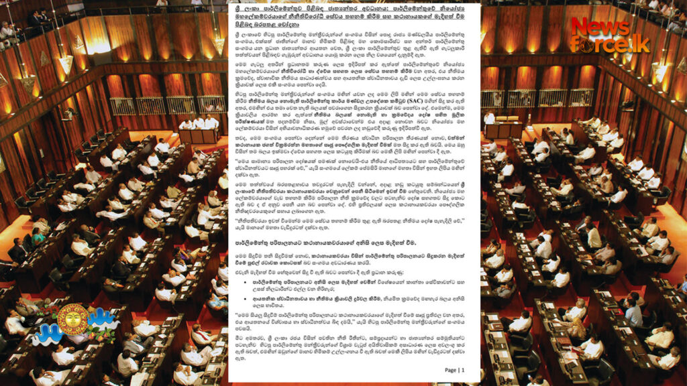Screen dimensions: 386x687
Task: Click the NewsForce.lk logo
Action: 610,35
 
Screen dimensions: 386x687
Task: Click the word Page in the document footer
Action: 450,370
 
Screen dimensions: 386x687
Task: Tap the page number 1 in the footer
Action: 461,370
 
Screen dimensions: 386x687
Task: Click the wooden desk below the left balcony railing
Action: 198,136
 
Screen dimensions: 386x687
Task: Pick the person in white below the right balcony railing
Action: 489,118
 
